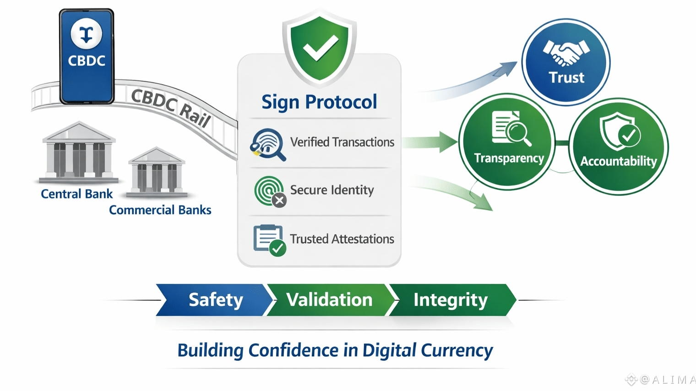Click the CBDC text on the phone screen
(87, 60)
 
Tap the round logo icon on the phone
(87, 34)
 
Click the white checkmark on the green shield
(320, 47)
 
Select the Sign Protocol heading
(319, 102)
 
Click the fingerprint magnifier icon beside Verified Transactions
(267, 144)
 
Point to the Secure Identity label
(332, 190)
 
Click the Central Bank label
(76, 194)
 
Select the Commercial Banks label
(160, 210)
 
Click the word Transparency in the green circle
(509, 158)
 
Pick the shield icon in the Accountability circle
(620, 131)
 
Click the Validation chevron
(329, 300)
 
